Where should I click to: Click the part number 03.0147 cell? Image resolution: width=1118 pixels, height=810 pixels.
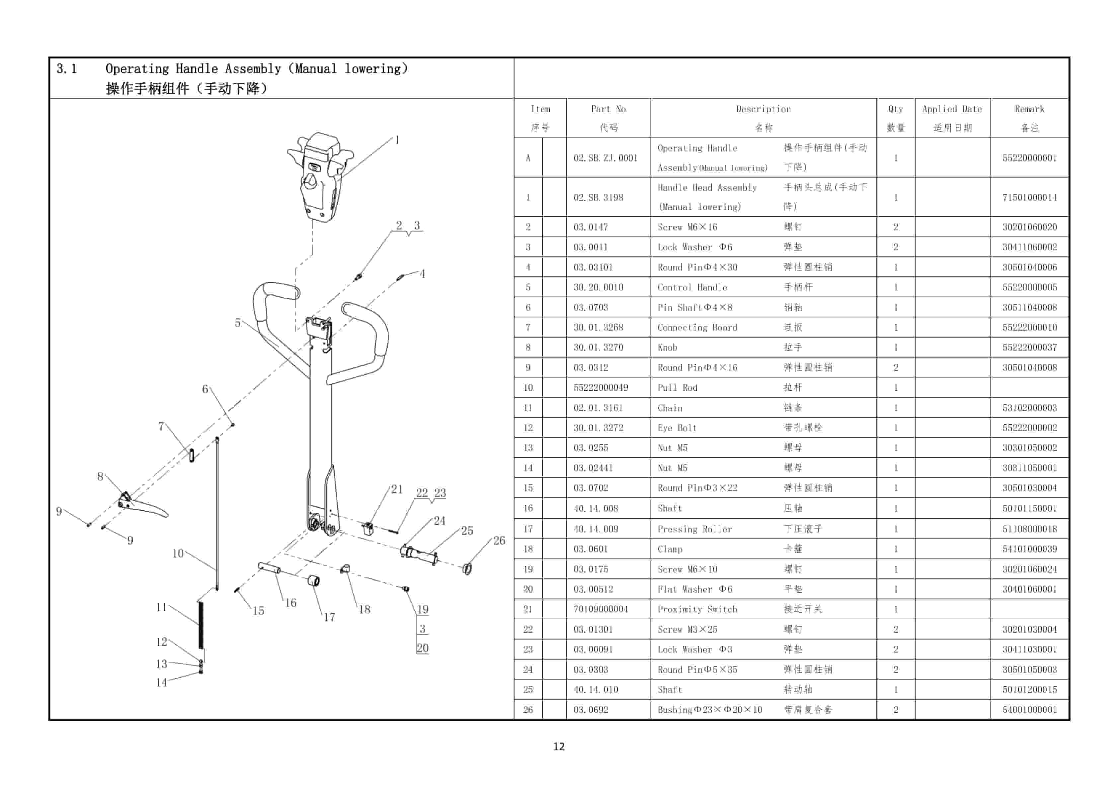click(x=591, y=227)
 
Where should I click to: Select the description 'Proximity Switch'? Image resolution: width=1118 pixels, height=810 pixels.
click(x=697, y=609)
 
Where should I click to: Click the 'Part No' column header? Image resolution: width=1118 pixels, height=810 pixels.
click(x=608, y=109)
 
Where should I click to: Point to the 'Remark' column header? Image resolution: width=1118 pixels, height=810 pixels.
click(x=1029, y=109)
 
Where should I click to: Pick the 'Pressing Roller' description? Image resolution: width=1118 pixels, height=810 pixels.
click(x=694, y=529)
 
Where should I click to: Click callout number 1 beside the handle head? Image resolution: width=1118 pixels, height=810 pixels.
click(x=397, y=140)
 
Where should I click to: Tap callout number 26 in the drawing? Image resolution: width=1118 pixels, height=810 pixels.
click(x=499, y=540)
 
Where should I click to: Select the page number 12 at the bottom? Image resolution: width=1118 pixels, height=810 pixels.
click(x=559, y=746)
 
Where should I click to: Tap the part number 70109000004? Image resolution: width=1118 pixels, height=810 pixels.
click(x=600, y=609)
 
